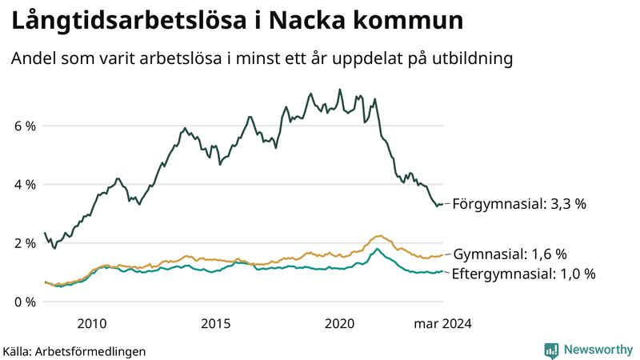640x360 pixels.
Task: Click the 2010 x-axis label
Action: [91, 324]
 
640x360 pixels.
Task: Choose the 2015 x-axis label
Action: [215, 324]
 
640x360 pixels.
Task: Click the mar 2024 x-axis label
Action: [442, 324]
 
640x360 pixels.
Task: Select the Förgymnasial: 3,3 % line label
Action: [520, 204]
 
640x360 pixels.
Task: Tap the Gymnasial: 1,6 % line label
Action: [510, 254]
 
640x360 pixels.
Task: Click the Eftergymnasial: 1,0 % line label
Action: [524, 274]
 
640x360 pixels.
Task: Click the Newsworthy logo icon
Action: [551, 350]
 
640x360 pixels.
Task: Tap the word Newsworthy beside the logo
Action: [598, 350]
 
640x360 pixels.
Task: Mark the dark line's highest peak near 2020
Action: [340, 90]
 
